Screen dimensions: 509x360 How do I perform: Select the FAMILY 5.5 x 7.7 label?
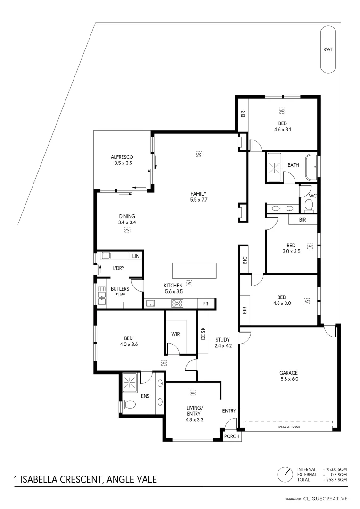(x=198, y=197)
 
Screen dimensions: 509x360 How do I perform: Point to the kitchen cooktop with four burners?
(x=177, y=304)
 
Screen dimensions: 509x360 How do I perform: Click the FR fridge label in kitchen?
(x=205, y=304)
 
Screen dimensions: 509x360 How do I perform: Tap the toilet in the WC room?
(x=309, y=205)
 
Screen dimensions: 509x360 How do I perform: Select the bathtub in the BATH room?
(x=311, y=167)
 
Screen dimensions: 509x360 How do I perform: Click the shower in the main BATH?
(x=274, y=167)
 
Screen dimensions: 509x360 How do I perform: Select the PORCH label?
(x=231, y=436)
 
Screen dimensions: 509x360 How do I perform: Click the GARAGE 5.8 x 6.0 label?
(x=288, y=376)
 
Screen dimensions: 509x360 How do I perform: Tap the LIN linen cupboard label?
(x=136, y=256)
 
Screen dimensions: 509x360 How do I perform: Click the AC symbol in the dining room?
(x=127, y=230)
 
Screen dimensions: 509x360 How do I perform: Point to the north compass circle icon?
(x=285, y=474)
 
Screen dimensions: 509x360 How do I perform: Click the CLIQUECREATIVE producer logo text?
(x=325, y=498)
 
